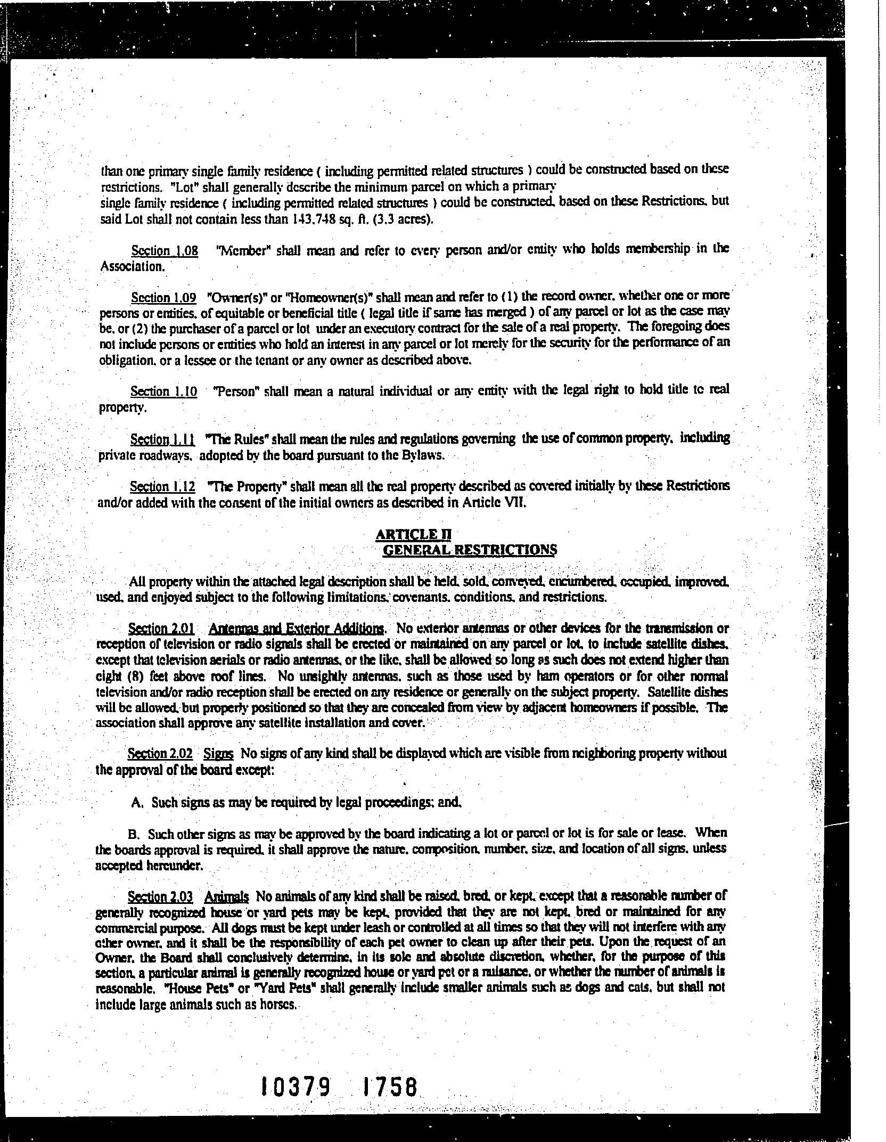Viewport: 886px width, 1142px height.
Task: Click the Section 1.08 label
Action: tap(164, 251)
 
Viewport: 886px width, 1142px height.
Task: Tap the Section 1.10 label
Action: tap(163, 392)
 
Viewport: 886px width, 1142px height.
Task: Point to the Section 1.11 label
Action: tap(162, 440)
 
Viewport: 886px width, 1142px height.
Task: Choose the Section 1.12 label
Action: tap(162, 487)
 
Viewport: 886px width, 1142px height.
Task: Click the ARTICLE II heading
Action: tap(414, 534)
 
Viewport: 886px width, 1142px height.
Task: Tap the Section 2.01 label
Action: tap(161, 630)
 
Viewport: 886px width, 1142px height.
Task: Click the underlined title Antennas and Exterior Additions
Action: tap(296, 630)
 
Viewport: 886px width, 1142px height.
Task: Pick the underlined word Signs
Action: tap(218, 754)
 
